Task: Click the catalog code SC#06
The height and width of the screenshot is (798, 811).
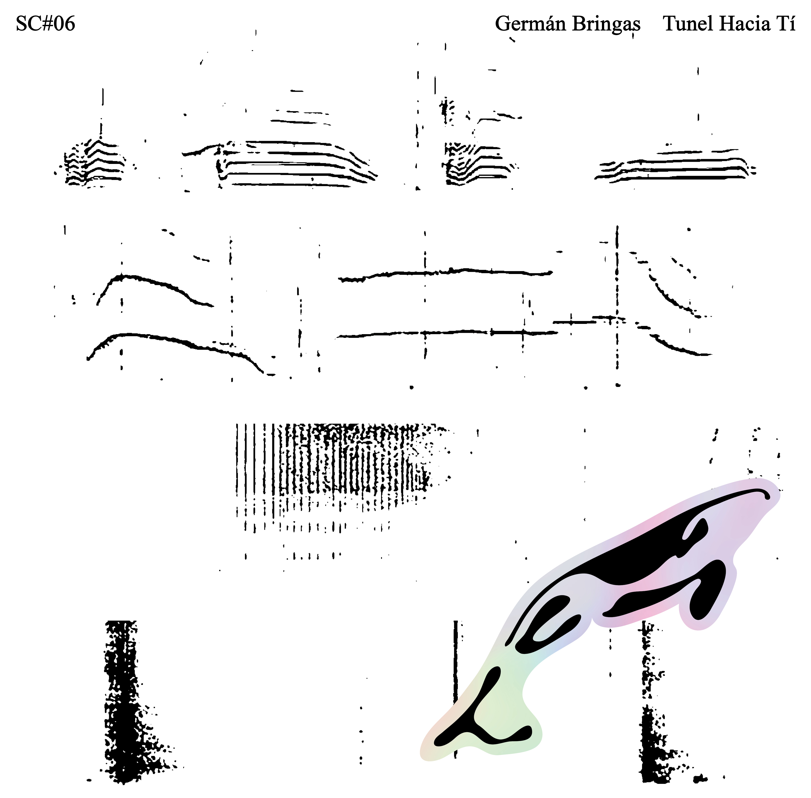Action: tap(45, 24)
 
